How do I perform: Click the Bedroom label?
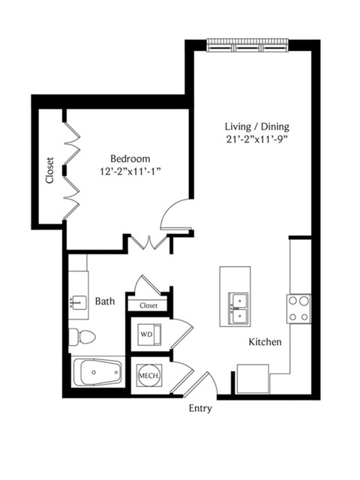[130, 158]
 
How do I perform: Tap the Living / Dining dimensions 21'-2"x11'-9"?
[257, 139]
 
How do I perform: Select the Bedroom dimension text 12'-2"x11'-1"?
[130, 172]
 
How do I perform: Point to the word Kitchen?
[265, 342]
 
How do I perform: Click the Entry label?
[200, 408]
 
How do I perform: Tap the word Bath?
[105, 301]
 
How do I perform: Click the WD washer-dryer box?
[149, 334]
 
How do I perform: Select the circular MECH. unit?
[149, 375]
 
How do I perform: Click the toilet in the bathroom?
[82, 337]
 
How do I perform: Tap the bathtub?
[99, 372]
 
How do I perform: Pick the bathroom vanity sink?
[78, 303]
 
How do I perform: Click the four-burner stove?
[298, 309]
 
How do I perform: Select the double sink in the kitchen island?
[238, 308]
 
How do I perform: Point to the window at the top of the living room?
[247, 45]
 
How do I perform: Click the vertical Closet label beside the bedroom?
[49, 170]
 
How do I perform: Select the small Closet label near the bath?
[148, 305]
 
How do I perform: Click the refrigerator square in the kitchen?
[253, 379]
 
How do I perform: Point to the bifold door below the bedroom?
[149, 241]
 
